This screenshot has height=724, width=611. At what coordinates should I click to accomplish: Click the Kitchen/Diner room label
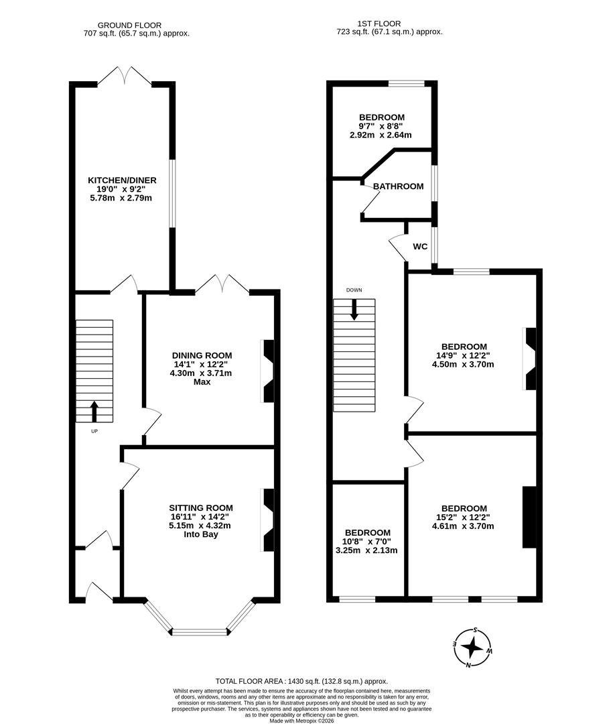tap(122, 180)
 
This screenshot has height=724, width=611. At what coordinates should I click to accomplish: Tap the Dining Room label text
tap(202, 355)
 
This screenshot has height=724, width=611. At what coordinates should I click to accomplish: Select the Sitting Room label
tap(201, 507)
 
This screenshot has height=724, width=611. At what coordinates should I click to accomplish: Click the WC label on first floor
tap(420, 247)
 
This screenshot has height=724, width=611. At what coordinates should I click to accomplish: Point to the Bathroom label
tap(398, 186)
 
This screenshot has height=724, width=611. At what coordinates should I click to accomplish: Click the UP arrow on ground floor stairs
tap(94, 411)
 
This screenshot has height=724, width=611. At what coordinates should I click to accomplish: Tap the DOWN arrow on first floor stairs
tap(354, 308)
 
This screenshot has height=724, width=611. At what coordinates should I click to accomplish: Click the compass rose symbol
tap(472, 648)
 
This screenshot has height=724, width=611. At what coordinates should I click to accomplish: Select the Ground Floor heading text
tap(129, 25)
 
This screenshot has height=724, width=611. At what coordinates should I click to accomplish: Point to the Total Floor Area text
tap(301, 680)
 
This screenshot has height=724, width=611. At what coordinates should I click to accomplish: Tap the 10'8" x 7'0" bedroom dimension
tap(366, 542)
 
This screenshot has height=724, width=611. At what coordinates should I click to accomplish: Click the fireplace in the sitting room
tap(268, 520)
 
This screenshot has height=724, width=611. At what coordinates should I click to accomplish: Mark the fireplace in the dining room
tap(268, 371)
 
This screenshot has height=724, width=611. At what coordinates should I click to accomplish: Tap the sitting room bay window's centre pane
tap(200, 631)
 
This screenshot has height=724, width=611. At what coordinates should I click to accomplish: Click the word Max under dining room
tap(202, 381)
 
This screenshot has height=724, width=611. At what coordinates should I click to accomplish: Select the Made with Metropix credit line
tap(301, 721)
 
